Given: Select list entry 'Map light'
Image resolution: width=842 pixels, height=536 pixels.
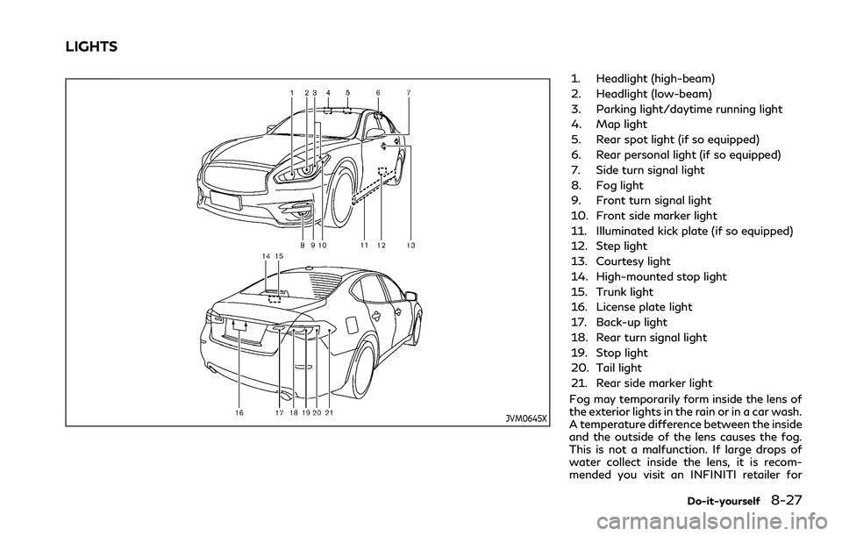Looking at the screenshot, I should tap(626, 125).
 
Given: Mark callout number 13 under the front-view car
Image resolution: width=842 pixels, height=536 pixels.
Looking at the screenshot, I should tap(410, 247).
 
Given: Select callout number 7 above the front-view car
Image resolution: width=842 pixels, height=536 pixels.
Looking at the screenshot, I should tap(409, 92).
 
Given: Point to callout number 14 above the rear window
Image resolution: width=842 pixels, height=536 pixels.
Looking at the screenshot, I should tap(265, 255).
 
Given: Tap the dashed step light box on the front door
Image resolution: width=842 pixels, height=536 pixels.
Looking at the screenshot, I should tap(382, 168).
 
